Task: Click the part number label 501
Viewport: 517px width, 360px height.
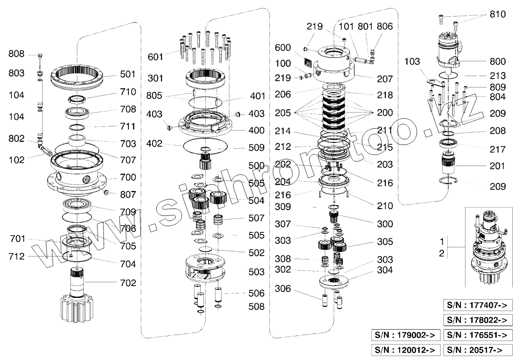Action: coord(128,74)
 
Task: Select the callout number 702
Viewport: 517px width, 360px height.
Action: coord(128,283)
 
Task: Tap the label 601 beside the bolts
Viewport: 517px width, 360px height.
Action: coord(155,57)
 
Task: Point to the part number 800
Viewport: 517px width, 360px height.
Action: coord(497,62)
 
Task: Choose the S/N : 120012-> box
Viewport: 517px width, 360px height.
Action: coord(405,349)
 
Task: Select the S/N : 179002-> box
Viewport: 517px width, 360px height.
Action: coord(405,335)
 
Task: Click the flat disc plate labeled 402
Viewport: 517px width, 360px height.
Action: coord(206,148)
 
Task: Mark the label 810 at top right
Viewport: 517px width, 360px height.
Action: coord(497,15)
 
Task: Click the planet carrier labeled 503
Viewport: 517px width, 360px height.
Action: coord(205,269)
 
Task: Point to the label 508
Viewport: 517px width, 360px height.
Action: coord(256,307)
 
